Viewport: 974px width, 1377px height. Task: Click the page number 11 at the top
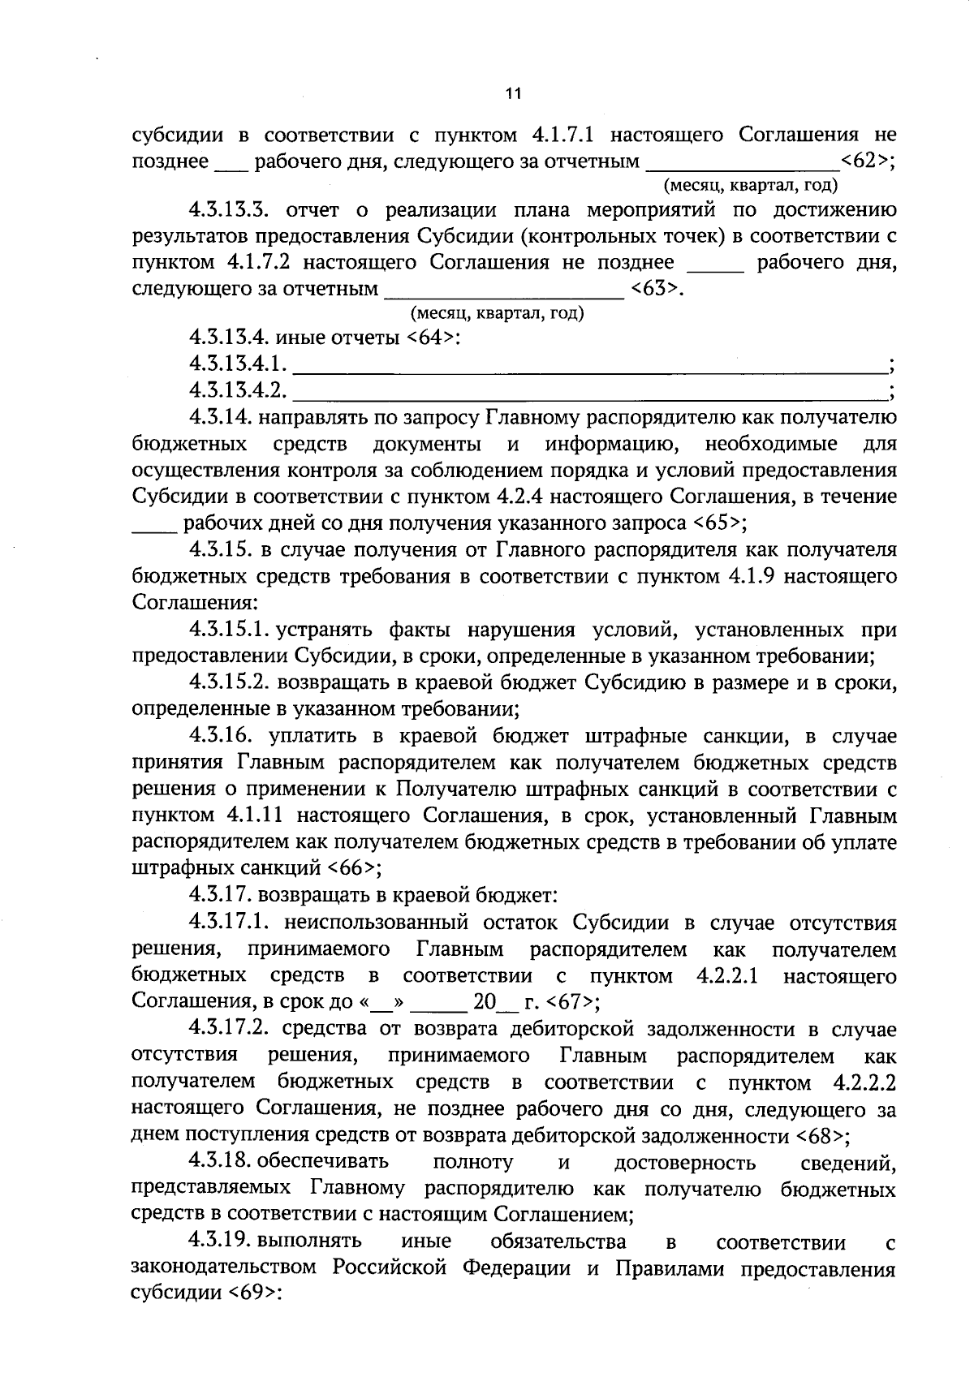pyautogui.click(x=512, y=93)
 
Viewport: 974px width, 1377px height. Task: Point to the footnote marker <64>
pyautogui.click(x=430, y=338)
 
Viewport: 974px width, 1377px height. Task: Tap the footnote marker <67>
pyautogui.click(x=571, y=1001)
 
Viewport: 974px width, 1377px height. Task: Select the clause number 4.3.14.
pyautogui.click(x=222, y=418)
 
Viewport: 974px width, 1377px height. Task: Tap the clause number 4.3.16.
pyautogui.click(x=222, y=736)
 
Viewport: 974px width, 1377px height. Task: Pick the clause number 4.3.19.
pyautogui.click(x=222, y=1241)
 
